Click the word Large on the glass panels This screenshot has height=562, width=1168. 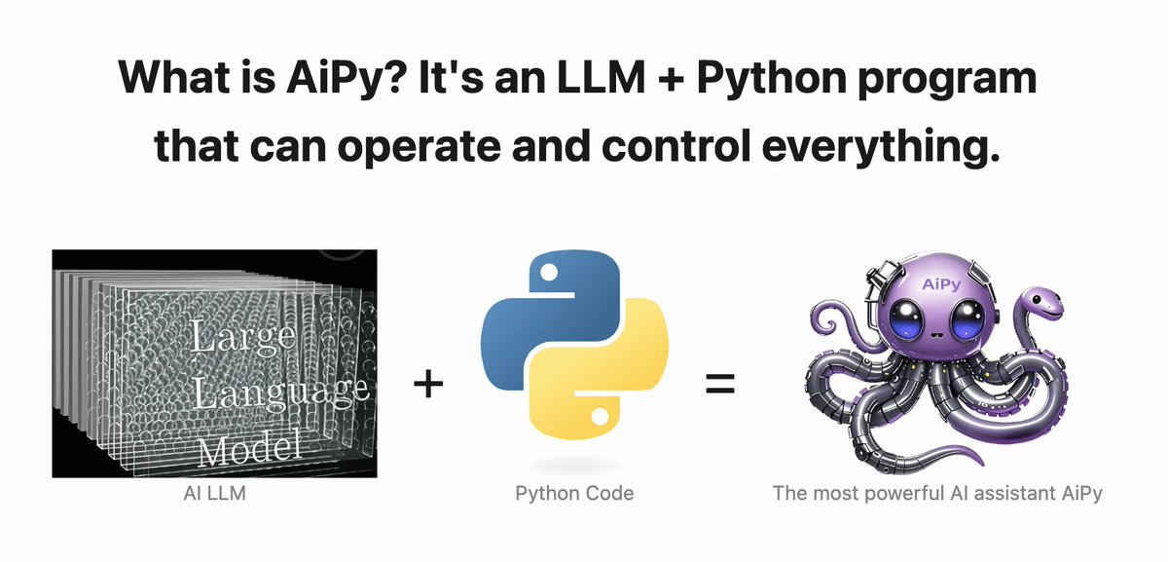pos(243,339)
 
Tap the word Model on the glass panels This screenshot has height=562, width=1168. pos(248,450)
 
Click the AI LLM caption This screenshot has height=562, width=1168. pos(216,494)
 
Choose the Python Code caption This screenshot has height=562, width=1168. pos(574,494)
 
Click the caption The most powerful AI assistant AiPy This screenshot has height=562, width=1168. pos(937,494)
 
